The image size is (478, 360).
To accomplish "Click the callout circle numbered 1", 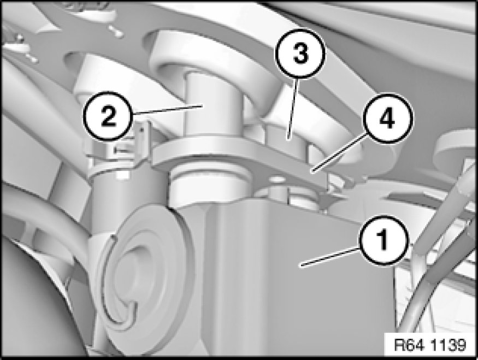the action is coord(384,240).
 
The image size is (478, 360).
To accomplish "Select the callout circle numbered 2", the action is coord(108,116).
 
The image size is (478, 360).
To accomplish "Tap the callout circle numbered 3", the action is coord(300,54).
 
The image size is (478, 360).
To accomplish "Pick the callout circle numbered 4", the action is coord(387,119).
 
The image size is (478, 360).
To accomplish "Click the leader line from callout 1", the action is coord(330,258).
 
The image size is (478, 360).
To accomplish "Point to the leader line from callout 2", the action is coord(167,109).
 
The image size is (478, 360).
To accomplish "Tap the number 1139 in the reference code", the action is coord(449,345).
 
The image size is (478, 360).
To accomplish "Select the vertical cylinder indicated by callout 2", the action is coord(214,104).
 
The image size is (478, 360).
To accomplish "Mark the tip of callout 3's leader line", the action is coord(288,139).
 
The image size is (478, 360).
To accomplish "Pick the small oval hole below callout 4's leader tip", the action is coord(276,180).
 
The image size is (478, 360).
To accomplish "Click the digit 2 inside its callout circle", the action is coord(108,116).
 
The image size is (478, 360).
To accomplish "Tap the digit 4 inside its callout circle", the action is coord(387,119).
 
